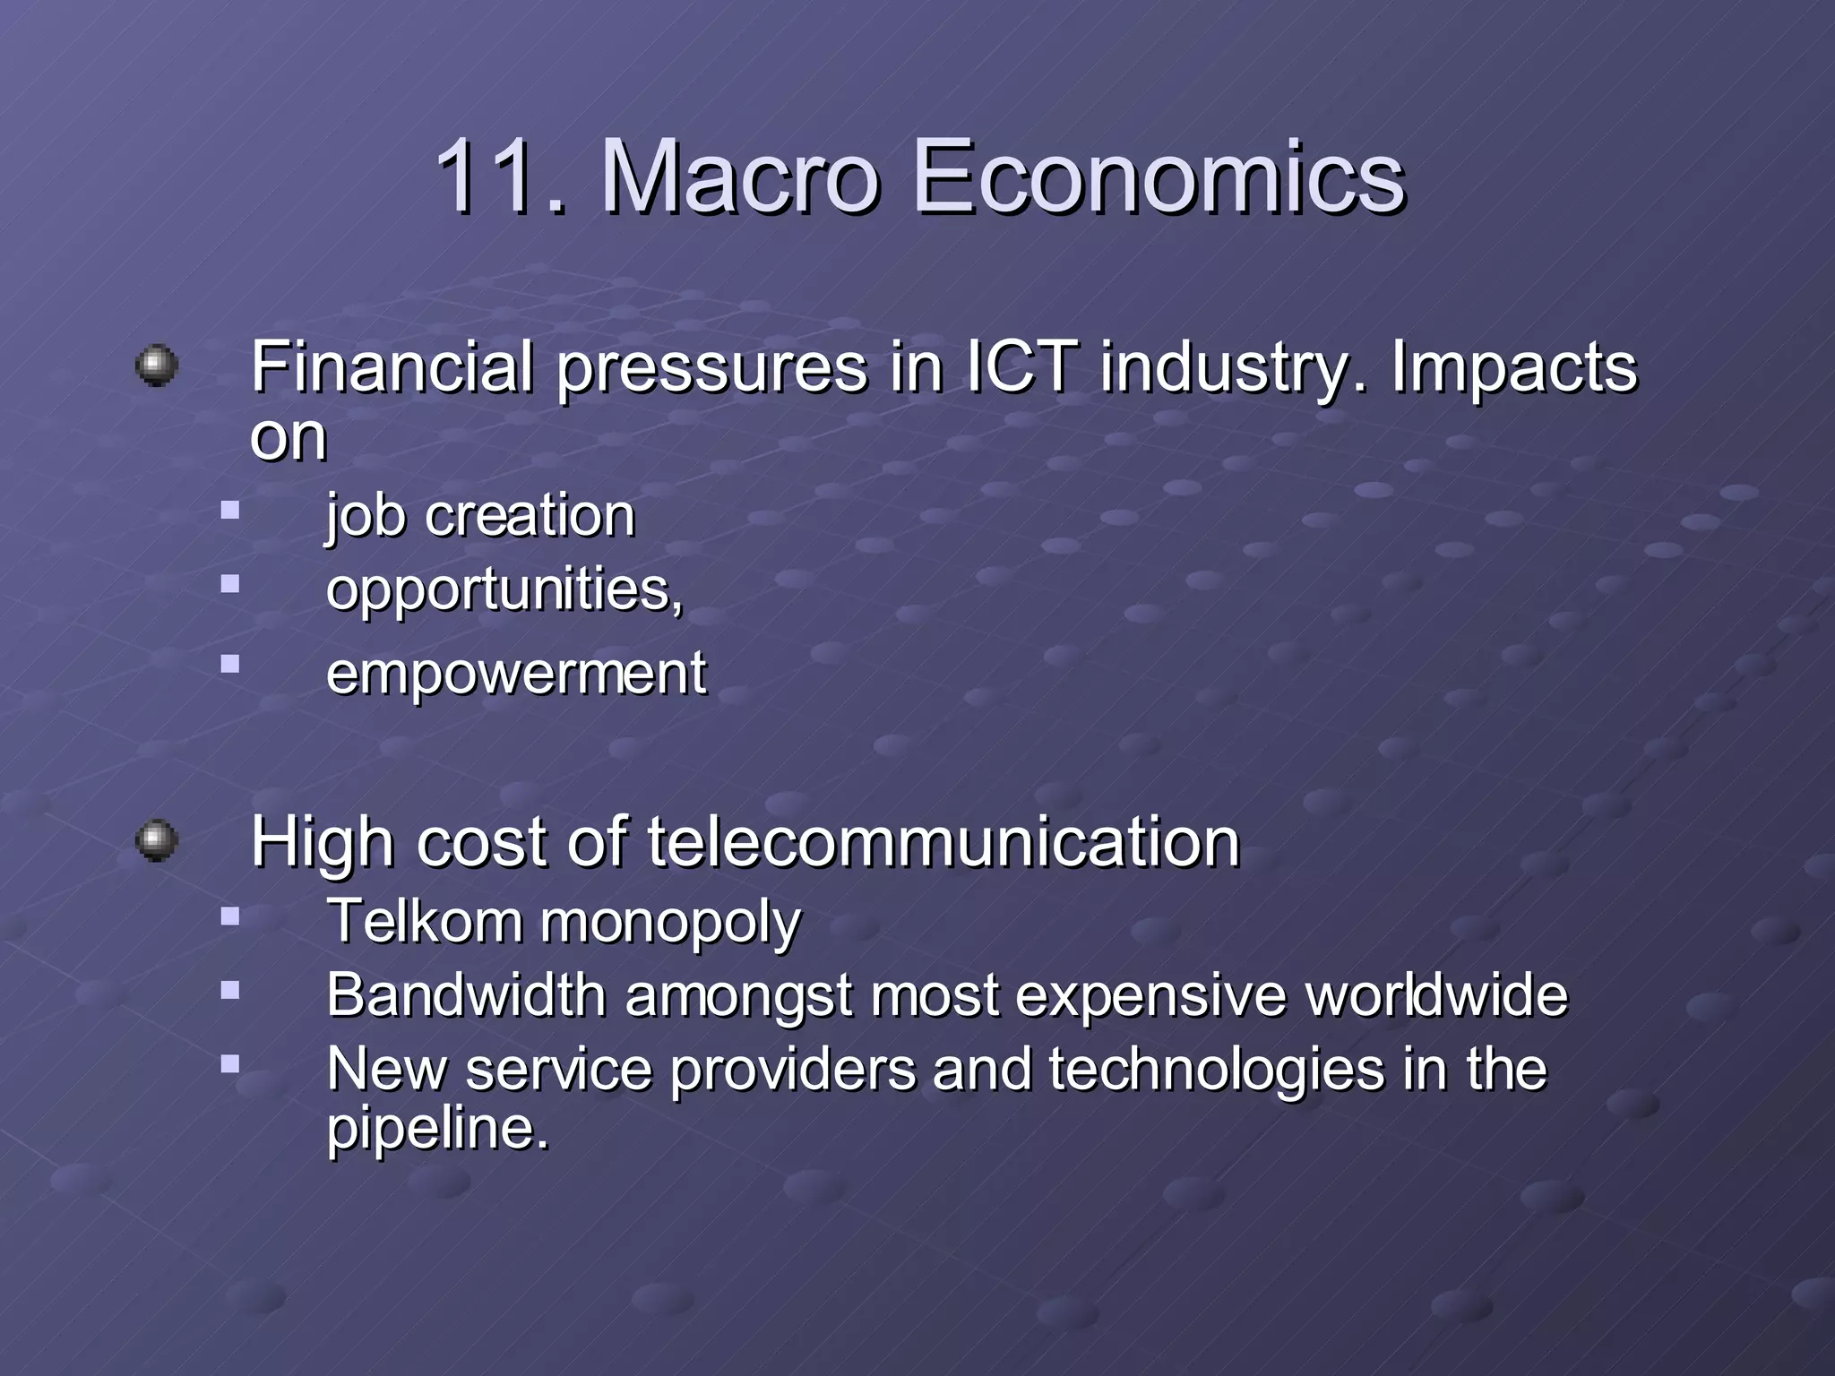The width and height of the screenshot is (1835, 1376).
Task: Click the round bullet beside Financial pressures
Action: (157, 366)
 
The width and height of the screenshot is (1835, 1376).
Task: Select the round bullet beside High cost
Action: (157, 841)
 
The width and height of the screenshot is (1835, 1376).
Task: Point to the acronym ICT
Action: (1021, 367)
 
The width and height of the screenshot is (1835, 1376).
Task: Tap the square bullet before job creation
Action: (231, 512)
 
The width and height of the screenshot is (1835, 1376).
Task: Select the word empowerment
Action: (516, 674)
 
